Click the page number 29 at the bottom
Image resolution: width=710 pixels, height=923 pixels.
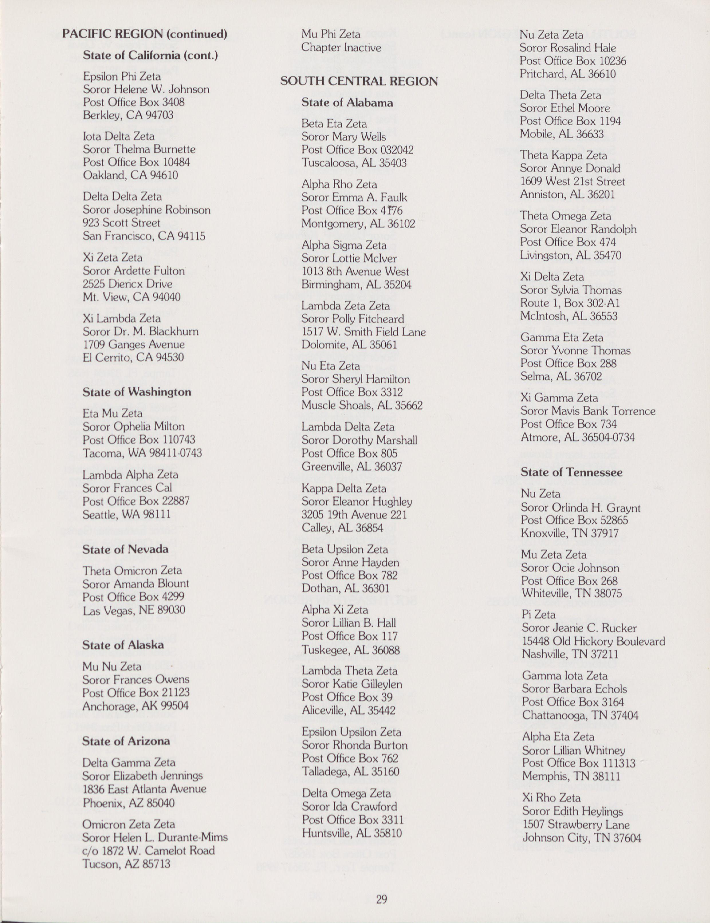tap(381, 899)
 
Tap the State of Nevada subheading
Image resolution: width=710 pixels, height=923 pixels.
tap(125, 549)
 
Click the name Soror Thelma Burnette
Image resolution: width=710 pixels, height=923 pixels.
tap(139, 149)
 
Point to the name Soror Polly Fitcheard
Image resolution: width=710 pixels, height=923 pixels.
tap(353, 319)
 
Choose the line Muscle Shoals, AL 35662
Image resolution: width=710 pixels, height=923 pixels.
tap(362, 405)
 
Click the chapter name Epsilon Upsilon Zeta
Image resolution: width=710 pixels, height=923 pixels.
tap(351, 732)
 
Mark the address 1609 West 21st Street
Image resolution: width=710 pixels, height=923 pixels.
tap(572, 182)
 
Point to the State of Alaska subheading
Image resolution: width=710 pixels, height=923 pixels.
tap(123, 645)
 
